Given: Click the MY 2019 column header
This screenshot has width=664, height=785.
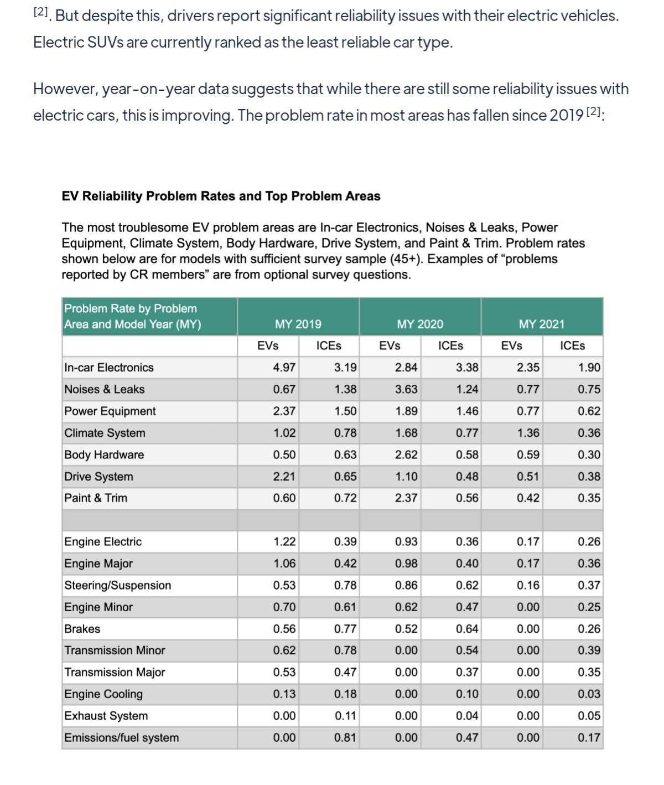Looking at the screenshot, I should (x=298, y=324).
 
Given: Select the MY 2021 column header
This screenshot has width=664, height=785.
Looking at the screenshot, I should (x=541, y=324).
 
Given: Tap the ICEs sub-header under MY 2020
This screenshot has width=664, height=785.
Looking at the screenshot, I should (x=450, y=346).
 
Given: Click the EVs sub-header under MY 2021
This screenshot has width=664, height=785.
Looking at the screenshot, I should (x=511, y=346).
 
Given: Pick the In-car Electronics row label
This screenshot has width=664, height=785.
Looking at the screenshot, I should (x=109, y=368).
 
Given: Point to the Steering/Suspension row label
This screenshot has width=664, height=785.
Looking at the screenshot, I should (x=117, y=585).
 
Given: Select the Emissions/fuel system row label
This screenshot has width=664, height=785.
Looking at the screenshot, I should (x=121, y=737).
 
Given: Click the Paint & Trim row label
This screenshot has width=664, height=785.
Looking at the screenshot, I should (x=96, y=498).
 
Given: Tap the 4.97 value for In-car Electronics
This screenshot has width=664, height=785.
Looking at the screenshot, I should (x=284, y=368).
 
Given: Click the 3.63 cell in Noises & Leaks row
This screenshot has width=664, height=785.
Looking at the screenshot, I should (x=406, y=389).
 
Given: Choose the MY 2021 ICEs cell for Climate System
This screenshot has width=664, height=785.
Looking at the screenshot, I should (x=588, y=433).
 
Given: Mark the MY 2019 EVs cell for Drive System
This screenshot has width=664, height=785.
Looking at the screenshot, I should (x=284, y=476).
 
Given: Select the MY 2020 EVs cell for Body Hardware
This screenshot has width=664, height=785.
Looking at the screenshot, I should (x=406, y=455).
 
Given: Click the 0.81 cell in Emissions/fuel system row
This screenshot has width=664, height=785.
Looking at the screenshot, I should (x=345, y=737).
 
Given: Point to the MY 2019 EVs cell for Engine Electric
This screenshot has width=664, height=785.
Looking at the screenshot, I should (x=284, y=541).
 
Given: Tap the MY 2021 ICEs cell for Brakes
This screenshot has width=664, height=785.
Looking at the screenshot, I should (x=588, y=629).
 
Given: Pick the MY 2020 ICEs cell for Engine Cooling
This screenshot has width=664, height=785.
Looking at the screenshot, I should (x=466, y=694).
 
